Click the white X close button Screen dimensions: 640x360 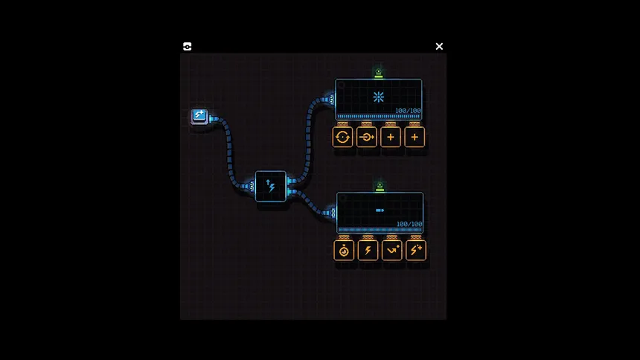point(439,47)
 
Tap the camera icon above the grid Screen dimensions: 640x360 point(188,47)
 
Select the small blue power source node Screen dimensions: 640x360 point(199,116)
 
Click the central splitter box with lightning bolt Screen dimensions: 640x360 point(271,186)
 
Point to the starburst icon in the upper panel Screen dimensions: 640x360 point(378,97)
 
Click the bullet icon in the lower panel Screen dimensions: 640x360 point(380,210)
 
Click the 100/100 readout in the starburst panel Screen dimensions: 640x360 point(408,111)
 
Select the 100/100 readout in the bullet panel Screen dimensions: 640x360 point(409,224)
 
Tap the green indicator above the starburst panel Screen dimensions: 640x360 point(378,73)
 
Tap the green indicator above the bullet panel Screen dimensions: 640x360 point(380,187)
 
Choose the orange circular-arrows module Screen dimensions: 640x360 point(342,137)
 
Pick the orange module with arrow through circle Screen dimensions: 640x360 point(367,137)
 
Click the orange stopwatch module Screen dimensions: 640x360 point(344,250)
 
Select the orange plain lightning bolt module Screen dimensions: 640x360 point(368,250)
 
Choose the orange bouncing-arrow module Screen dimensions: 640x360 point(392,250)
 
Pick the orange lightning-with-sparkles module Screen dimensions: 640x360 point(416,250)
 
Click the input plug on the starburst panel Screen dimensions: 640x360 point(330,99)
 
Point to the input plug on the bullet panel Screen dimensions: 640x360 point(332,213)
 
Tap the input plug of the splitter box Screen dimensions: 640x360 point(251,186)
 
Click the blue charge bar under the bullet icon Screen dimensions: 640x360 point(380,230)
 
